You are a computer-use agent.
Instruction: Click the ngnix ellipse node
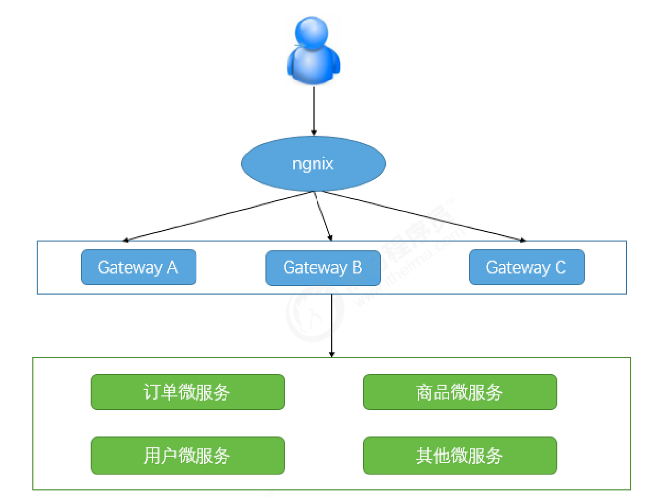(x=313, y=163)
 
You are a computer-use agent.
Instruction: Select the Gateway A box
(x=138, y=267)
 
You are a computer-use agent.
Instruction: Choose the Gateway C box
(x=526, y=267)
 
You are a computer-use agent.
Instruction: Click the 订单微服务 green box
(x=187, y=392)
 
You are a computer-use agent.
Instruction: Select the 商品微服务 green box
(x=460, y=392)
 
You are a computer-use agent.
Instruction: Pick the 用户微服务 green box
(x=187, y=455)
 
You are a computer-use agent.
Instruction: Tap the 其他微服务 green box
(x=460, y=455)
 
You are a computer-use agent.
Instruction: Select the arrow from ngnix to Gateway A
(x=216, y=216)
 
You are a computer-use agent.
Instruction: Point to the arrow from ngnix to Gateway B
(x=323, y=216)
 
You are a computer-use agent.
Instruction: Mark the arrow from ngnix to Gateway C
(x=421, y=216)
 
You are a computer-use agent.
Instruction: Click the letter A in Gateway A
(x=172, y=267)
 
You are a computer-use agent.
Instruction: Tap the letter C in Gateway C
(x=560, y=267)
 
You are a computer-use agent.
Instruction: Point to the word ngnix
(x=313, y=163)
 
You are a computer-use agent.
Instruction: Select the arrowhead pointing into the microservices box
(x=332, y=354)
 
